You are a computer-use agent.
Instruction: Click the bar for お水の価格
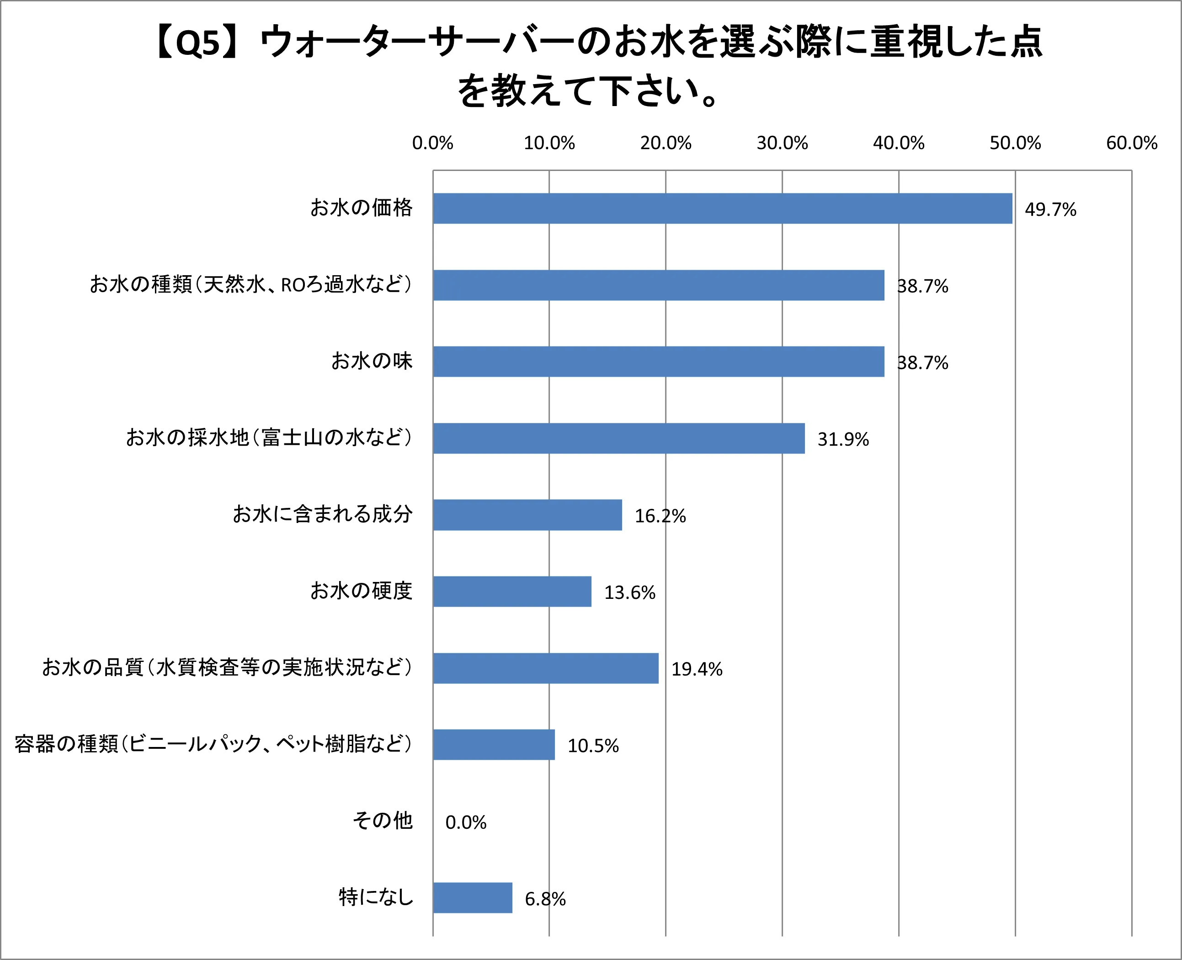click(x=722, y=208)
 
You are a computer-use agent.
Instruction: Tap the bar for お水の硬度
click(x=512, y=591)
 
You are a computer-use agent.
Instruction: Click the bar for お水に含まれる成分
click(x=527, y=515)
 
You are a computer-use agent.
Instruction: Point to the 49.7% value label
click(x=1050, y=209)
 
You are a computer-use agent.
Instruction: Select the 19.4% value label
click(x=696, y=669)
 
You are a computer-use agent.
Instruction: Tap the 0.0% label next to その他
click(x=465, y=822)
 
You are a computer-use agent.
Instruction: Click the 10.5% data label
click(x=593, y=746)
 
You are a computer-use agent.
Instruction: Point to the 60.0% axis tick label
click(x=1131, y=143)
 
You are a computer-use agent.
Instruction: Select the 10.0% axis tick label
click(x=549, y=143)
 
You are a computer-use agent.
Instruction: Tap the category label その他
click(x=383, y=820)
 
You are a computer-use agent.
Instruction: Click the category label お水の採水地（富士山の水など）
click(x=269, y=437)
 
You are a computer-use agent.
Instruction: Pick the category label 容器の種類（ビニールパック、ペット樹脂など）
click(x=213, y=744)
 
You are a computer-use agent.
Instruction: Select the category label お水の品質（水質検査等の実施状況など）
click(x=227, y=667)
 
